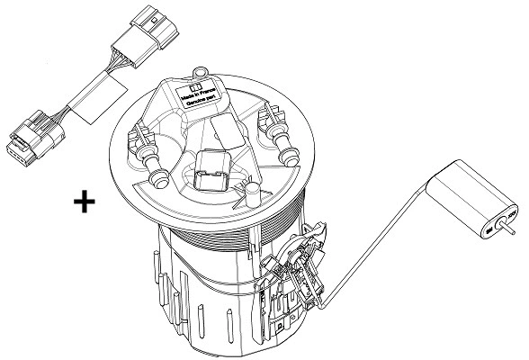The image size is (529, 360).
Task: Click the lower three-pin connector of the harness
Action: pyautogui.click(x=27, y=141)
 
